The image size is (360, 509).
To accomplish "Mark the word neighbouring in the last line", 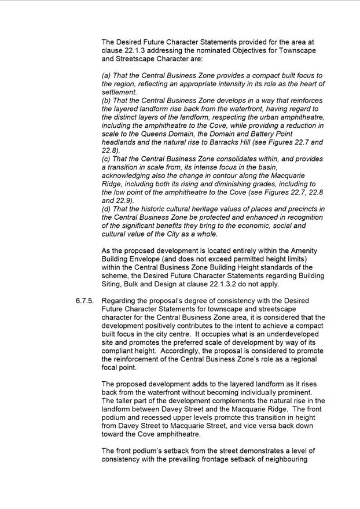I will click(289, 460).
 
